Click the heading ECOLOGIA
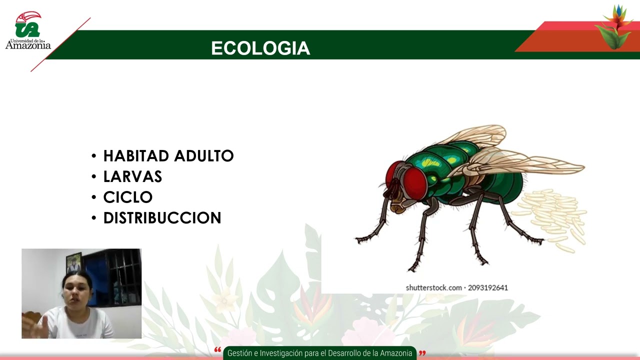[260, 48]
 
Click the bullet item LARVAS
[132, 176]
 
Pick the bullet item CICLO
[127, 197]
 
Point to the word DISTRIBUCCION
[162, 218]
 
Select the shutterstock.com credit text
[433, 287]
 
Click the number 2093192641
[488, 287]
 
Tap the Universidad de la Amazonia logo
[28, 31]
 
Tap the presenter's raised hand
[42, 325]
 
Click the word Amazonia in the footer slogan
[396, 353]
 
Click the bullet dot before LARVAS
[94, 177]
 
